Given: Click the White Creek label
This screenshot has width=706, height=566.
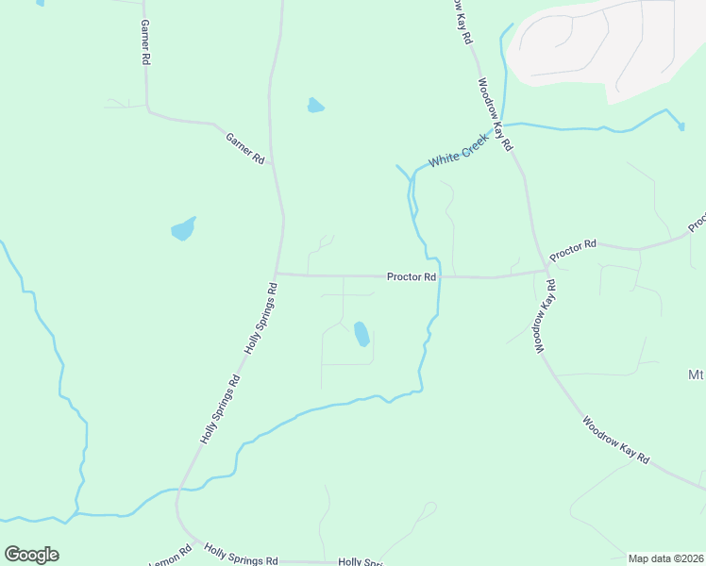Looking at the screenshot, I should click(457, 155).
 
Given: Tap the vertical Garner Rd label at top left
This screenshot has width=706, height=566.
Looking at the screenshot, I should click(144, 42).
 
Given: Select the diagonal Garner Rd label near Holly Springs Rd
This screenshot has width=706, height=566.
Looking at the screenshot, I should click(245, 149).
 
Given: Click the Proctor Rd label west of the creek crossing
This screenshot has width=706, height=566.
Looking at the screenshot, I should click(412, 277).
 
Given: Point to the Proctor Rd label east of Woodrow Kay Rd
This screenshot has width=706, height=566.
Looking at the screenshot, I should click(574, 250).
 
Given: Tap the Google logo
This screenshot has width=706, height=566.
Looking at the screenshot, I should click(31, 555).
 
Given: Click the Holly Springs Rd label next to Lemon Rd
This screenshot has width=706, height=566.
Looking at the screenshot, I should click(242, 555).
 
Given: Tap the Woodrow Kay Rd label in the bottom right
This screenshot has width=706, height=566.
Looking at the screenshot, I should click(616, 440).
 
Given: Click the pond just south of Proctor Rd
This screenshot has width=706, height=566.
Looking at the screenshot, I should click(361, 334).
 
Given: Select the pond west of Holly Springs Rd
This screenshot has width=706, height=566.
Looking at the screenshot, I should click(183, 229).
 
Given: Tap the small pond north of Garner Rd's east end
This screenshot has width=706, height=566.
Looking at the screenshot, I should click(315, 106).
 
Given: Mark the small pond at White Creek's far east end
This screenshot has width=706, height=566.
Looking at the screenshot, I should click(681, 125).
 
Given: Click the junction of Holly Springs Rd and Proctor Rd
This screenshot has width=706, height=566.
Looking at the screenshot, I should click(275, 275).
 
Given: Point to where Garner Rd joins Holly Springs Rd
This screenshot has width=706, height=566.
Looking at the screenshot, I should click(273, 163).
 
